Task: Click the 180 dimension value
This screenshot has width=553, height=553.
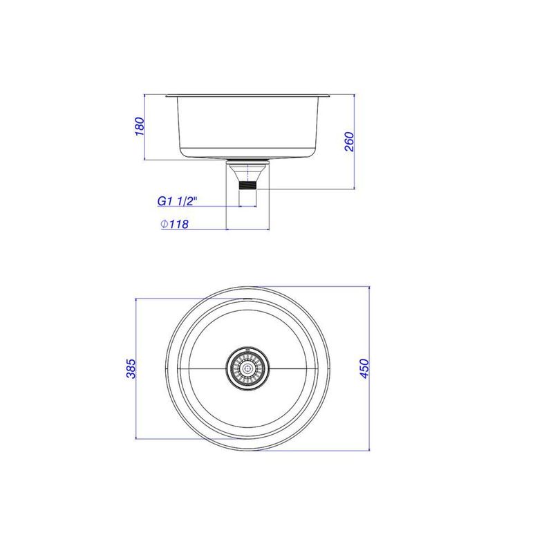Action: tap(140, 126)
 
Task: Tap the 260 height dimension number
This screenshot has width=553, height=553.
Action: tap(349, 142)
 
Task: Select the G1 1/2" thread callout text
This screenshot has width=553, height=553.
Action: tap(177, 201)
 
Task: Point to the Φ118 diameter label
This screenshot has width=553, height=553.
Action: tap(175, 223)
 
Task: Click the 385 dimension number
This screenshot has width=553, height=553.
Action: tap(131, 368)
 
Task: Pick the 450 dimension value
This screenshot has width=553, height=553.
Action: tap(365, 368)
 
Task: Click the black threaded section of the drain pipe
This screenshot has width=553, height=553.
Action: tap(248, 185)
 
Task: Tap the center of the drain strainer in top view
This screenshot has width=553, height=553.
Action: tap(247, 369)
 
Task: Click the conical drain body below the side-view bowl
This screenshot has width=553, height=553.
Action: tap(248, 172)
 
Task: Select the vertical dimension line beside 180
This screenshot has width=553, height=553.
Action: tap(144, 127)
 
